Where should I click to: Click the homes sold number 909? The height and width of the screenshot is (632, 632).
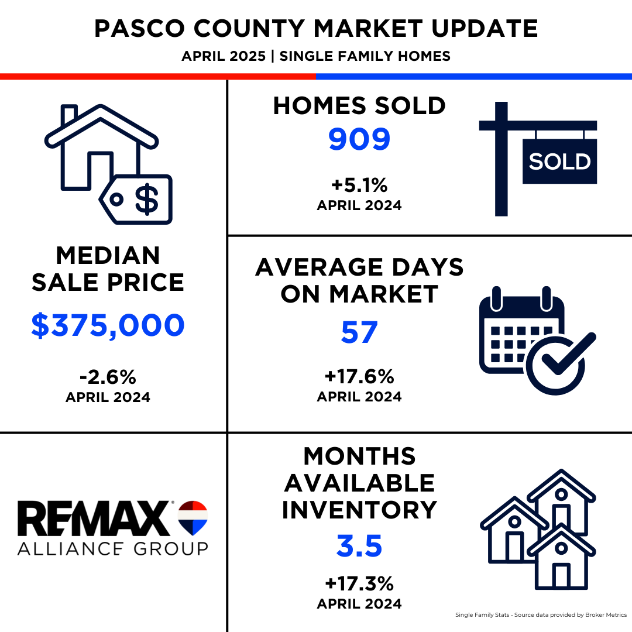359,139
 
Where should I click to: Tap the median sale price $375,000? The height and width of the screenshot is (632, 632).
108,325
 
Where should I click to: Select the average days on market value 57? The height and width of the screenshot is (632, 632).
359,332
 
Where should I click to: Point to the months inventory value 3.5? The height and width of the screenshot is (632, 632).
359,546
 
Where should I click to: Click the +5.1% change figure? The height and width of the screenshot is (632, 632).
359,186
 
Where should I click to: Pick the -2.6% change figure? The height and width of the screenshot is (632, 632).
108,377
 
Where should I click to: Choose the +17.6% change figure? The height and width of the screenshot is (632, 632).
359,376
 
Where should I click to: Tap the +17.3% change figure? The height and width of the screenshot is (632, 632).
359,583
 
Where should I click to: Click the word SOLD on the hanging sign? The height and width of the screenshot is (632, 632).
559,162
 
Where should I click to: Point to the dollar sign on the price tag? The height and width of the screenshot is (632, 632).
147,199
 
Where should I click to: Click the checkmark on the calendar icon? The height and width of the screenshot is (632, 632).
568,353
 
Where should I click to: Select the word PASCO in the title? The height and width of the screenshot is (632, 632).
139,29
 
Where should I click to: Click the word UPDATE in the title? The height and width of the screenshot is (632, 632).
485,29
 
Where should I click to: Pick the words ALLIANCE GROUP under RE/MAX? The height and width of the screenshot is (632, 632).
113,548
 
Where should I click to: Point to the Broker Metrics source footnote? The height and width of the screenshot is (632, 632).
541,614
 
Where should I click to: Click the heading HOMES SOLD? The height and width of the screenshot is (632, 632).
359,105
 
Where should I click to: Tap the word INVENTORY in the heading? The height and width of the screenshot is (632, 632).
359,510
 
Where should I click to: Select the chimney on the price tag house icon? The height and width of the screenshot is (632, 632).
69,114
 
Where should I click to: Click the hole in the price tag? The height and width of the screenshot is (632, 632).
116,199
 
